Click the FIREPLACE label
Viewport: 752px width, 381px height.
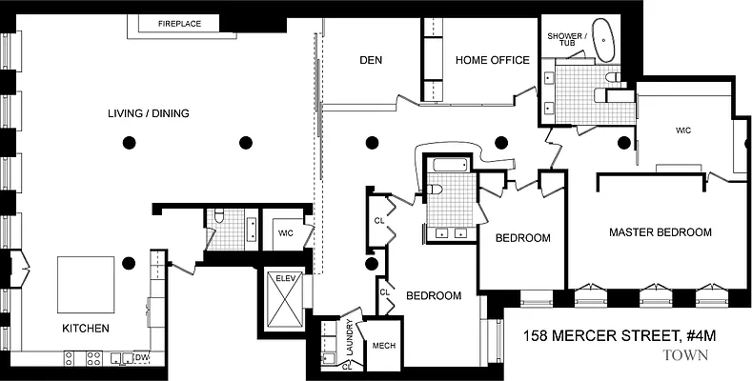(x=179, y=23)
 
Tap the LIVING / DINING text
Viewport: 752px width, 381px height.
(x=148, y=113)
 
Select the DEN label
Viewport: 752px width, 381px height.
(x=371, y=60)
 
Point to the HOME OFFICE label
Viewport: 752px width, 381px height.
(x=492, y=60)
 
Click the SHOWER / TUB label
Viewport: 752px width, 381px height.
(x=567, y=39)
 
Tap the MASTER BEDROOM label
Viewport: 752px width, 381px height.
(x=661, y=231)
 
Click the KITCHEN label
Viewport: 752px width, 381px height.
(x=86, y=329)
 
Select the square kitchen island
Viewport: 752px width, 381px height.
(x=89, y=283)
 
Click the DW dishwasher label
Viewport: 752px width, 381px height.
(x=143, y=358)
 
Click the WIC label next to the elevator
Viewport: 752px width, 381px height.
(x=286, y=232)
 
